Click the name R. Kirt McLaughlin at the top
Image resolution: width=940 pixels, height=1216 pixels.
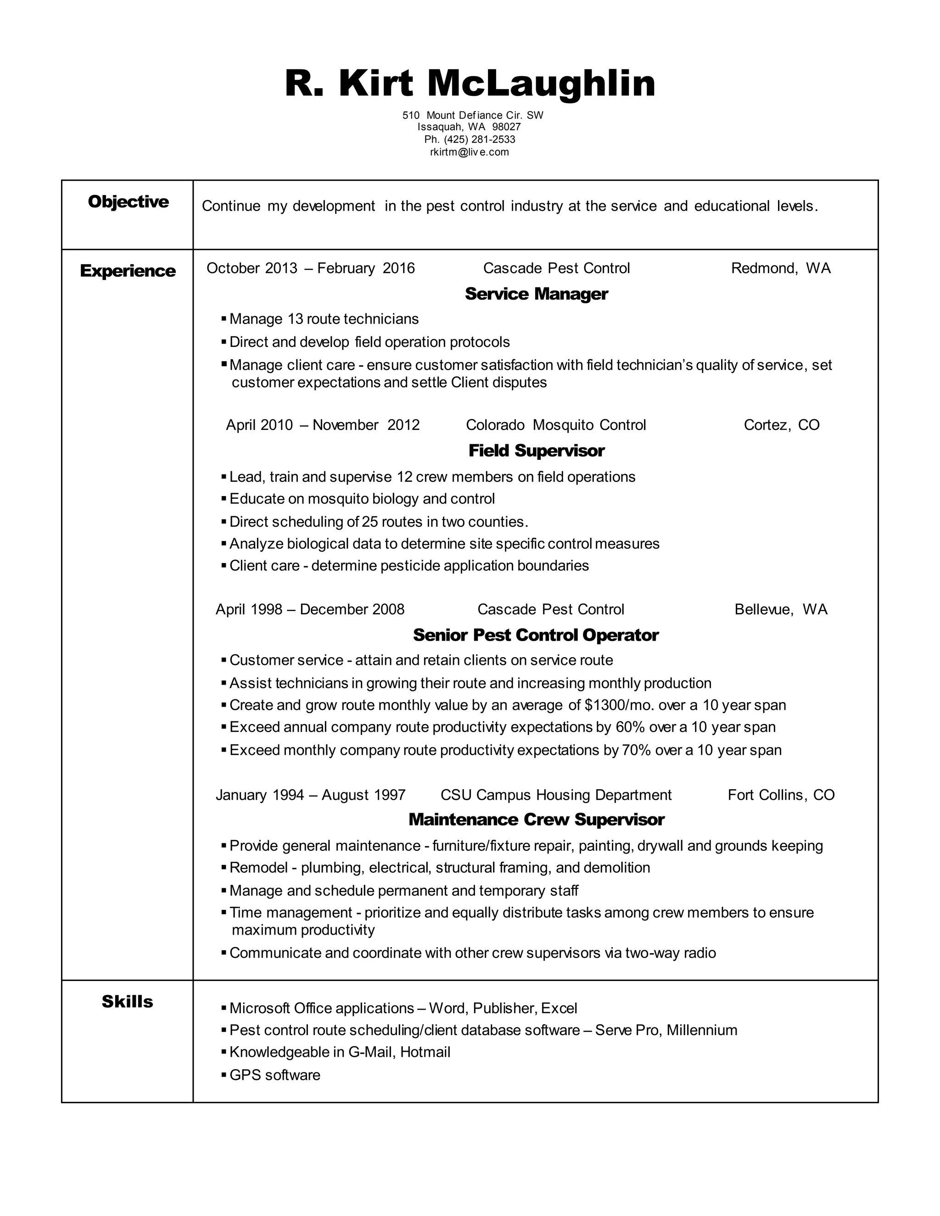tap(470, 84)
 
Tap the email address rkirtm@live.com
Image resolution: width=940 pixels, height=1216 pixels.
tap(470, 152)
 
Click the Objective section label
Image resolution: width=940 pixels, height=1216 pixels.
tap(128, 201)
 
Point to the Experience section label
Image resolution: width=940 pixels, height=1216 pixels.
tap(128, 271)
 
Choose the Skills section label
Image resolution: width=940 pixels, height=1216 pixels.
tap(127, 1002)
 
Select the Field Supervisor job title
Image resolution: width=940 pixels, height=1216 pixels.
tap(536, 451)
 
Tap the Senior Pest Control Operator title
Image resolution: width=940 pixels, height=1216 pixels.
tap(536, 635)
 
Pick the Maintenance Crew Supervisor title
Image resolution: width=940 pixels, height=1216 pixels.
tap(536, 819)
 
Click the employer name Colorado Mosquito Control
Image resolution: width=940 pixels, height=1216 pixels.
tap(556, 425)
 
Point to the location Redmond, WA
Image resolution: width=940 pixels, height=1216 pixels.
tap(780, 268)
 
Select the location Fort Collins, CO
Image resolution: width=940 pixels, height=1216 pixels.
tap(781, 795)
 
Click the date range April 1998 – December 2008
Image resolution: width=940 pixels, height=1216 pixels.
tap(310, 610)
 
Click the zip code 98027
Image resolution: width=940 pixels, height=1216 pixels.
tap(506, 127)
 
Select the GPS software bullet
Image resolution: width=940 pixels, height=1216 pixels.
tap(274, 1075)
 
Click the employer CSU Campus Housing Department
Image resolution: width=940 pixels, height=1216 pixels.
tap(556, 795)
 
